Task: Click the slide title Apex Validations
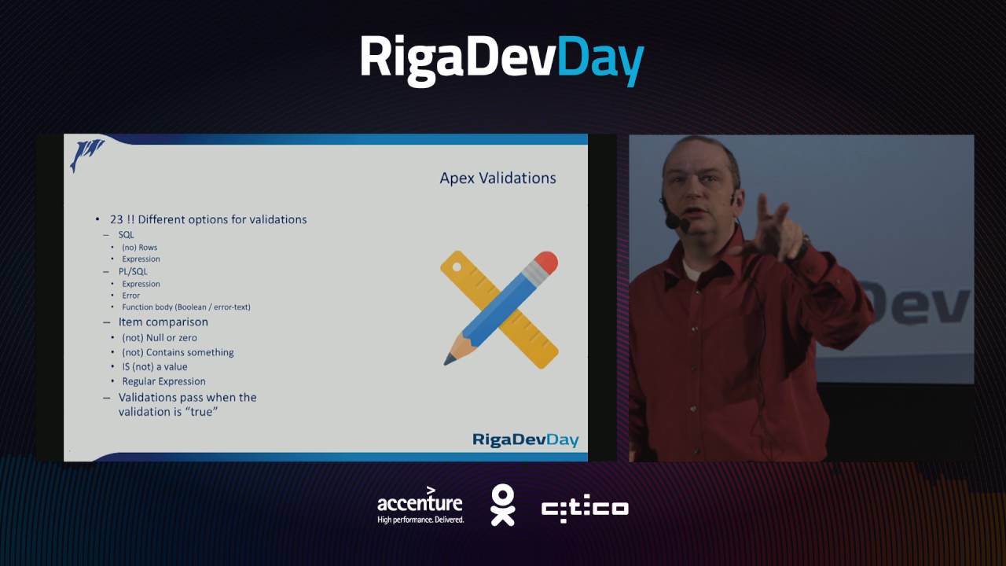[x=497, y=178]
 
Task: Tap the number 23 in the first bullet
[x=116, y=219]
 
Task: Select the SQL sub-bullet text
[x=127, y=235]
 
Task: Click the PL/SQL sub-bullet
[x=134, y=271]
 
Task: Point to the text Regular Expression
[x=163, y=381]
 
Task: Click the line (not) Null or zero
[x=160, y=338]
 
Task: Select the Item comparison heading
[x=163, y=322]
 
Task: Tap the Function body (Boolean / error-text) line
[x=186, y=307]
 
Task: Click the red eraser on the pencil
[x=547, y=262]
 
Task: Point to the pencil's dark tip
[x=449, y=360]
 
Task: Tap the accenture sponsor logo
[x=420, y=505]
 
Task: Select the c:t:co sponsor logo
[x=585, y=509]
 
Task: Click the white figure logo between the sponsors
[x=502, y=505]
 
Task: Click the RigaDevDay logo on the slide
[x=525, y=439]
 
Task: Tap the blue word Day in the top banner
[x=601, y=59]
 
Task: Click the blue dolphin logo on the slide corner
[x=86, y=153]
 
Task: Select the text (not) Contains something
[x=178, y=353]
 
